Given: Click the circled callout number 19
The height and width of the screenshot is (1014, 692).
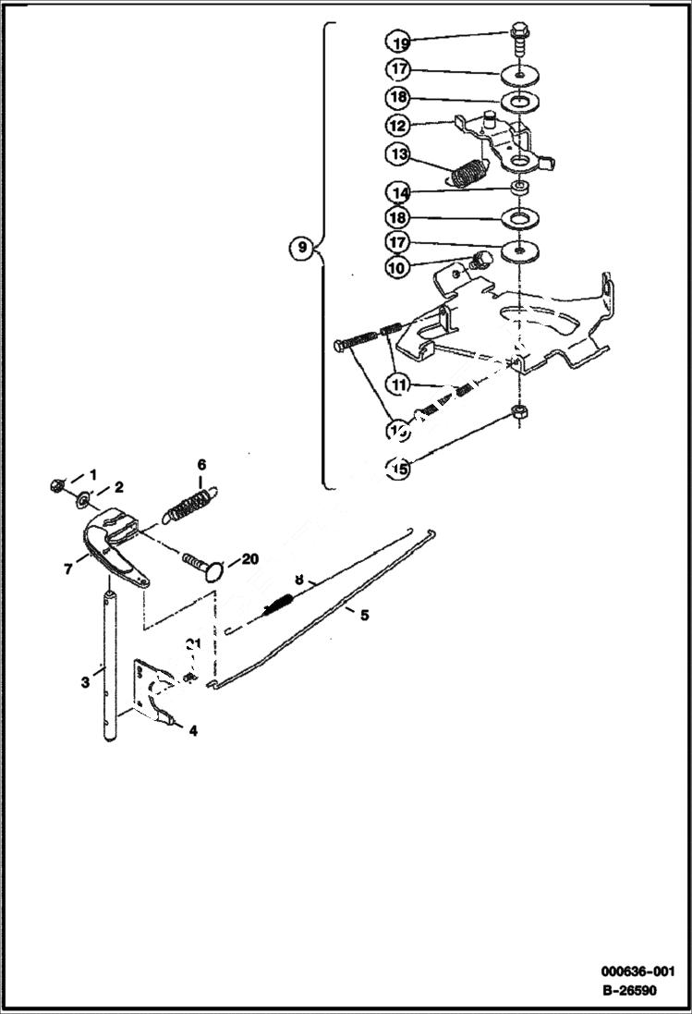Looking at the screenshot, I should (x=398, y=43).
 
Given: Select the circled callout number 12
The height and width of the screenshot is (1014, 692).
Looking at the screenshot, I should (x=398, y=124).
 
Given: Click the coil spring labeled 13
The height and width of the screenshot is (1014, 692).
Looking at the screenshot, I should (x=470, y=173).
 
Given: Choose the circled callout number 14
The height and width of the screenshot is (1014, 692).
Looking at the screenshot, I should (x=398, y=193).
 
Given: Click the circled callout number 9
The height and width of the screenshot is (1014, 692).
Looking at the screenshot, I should (x=299, y=248).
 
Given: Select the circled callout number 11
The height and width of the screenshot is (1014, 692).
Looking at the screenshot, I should (x=398, y=383).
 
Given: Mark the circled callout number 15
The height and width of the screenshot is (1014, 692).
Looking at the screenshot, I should (x=398, y=469).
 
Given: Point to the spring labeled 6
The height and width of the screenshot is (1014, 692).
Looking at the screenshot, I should (x=194, y=506).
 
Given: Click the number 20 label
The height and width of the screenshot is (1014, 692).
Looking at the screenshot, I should (x=251, y=559).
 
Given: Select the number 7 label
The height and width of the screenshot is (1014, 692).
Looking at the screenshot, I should (x=67, y=569).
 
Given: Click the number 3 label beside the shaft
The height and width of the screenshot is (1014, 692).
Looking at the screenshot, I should (x=84, y=682).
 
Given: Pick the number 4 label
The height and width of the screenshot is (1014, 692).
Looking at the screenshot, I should (x=193, y=730).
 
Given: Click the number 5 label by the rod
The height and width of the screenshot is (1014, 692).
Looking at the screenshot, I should (x=364, y=615).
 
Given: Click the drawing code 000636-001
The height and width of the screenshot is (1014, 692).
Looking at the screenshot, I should (x=637, y=971).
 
